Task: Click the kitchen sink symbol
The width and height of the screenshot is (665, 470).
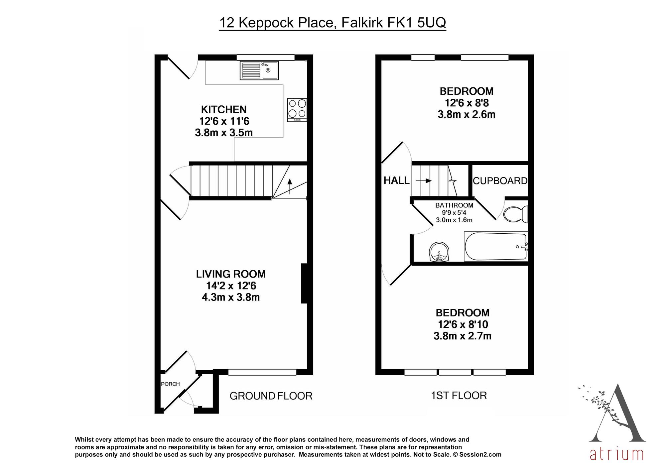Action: pos(259,70)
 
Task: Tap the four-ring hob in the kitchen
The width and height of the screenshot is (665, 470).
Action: pos(297,110)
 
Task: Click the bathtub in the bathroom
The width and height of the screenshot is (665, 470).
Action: pos(496,247)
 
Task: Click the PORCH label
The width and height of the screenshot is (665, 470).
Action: pos(170,384)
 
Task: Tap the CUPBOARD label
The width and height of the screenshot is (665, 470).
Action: pos(500,181)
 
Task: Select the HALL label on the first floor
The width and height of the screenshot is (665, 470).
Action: pos(396,180)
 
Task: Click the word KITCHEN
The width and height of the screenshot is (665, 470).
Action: pos(224,109)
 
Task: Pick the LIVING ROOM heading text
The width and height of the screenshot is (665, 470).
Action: pos(231,274)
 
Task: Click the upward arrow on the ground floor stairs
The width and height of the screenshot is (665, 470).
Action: pos(289,186)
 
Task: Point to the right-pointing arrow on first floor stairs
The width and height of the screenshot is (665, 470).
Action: pos(424,181)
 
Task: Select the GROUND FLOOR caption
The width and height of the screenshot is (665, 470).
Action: pos(271,396)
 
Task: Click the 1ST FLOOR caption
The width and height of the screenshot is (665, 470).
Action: pos(459,396)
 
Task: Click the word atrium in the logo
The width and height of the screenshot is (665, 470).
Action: pos(616,454)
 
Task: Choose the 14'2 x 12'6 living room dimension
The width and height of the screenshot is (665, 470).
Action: pos(231,286)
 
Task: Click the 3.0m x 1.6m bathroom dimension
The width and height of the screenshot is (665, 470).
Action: pos(454,220)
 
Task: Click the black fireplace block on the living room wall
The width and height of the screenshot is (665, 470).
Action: pos(304,283)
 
